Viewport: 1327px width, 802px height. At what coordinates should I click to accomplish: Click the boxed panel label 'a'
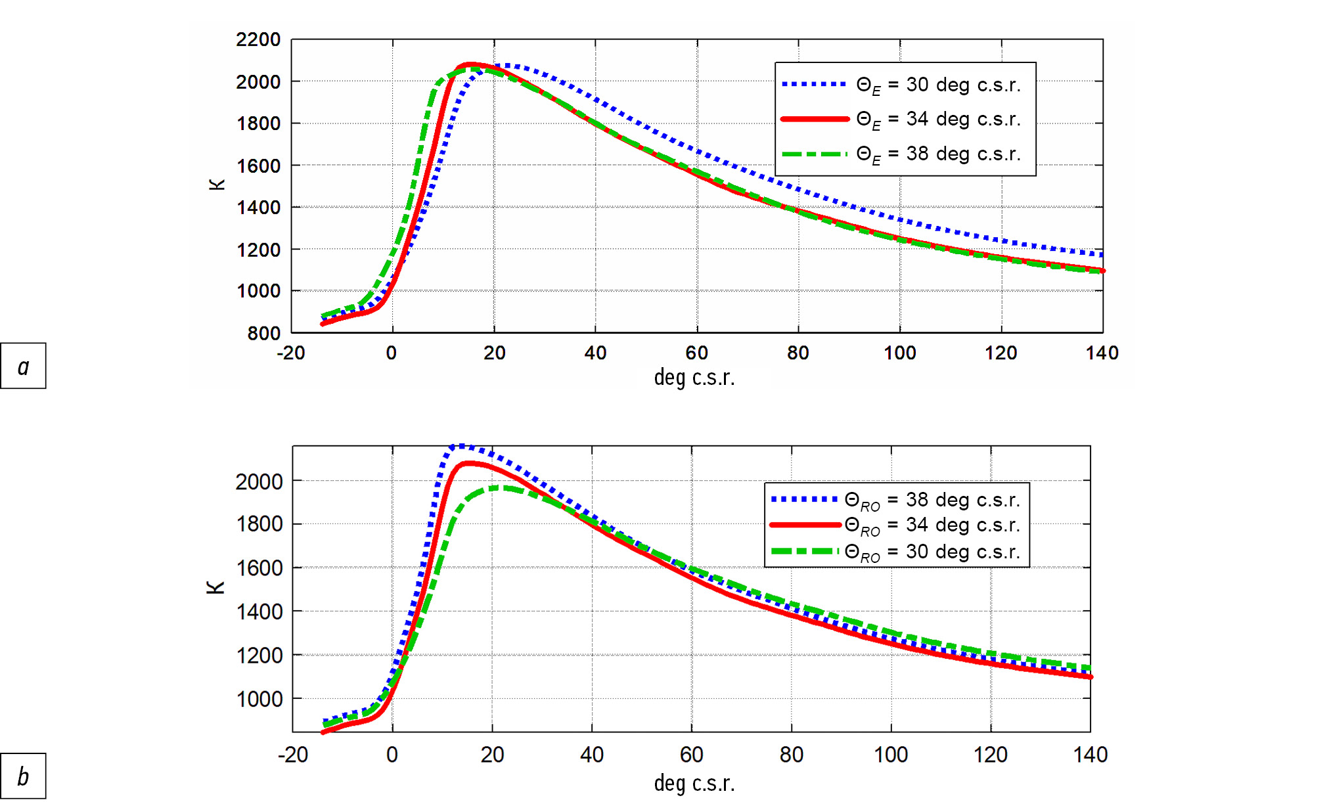23,366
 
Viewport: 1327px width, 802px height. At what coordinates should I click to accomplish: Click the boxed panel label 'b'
23,776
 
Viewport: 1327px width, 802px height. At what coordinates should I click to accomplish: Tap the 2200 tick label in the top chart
258,40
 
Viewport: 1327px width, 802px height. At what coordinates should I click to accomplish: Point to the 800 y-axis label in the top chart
263,333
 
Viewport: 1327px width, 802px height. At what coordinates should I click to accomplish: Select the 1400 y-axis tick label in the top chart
258,208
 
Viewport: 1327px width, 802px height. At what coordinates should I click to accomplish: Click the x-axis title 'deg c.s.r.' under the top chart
694,378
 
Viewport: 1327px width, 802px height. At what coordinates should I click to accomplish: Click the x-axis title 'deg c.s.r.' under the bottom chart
694,783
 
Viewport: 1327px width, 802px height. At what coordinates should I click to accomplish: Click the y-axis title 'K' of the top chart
217,185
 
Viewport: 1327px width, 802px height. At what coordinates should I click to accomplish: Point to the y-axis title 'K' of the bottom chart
215,587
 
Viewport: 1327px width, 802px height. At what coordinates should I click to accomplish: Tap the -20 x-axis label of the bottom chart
293,755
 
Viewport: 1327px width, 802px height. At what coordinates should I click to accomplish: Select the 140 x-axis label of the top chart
1102,353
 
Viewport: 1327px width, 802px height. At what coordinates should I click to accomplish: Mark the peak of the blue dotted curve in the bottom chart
461,447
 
